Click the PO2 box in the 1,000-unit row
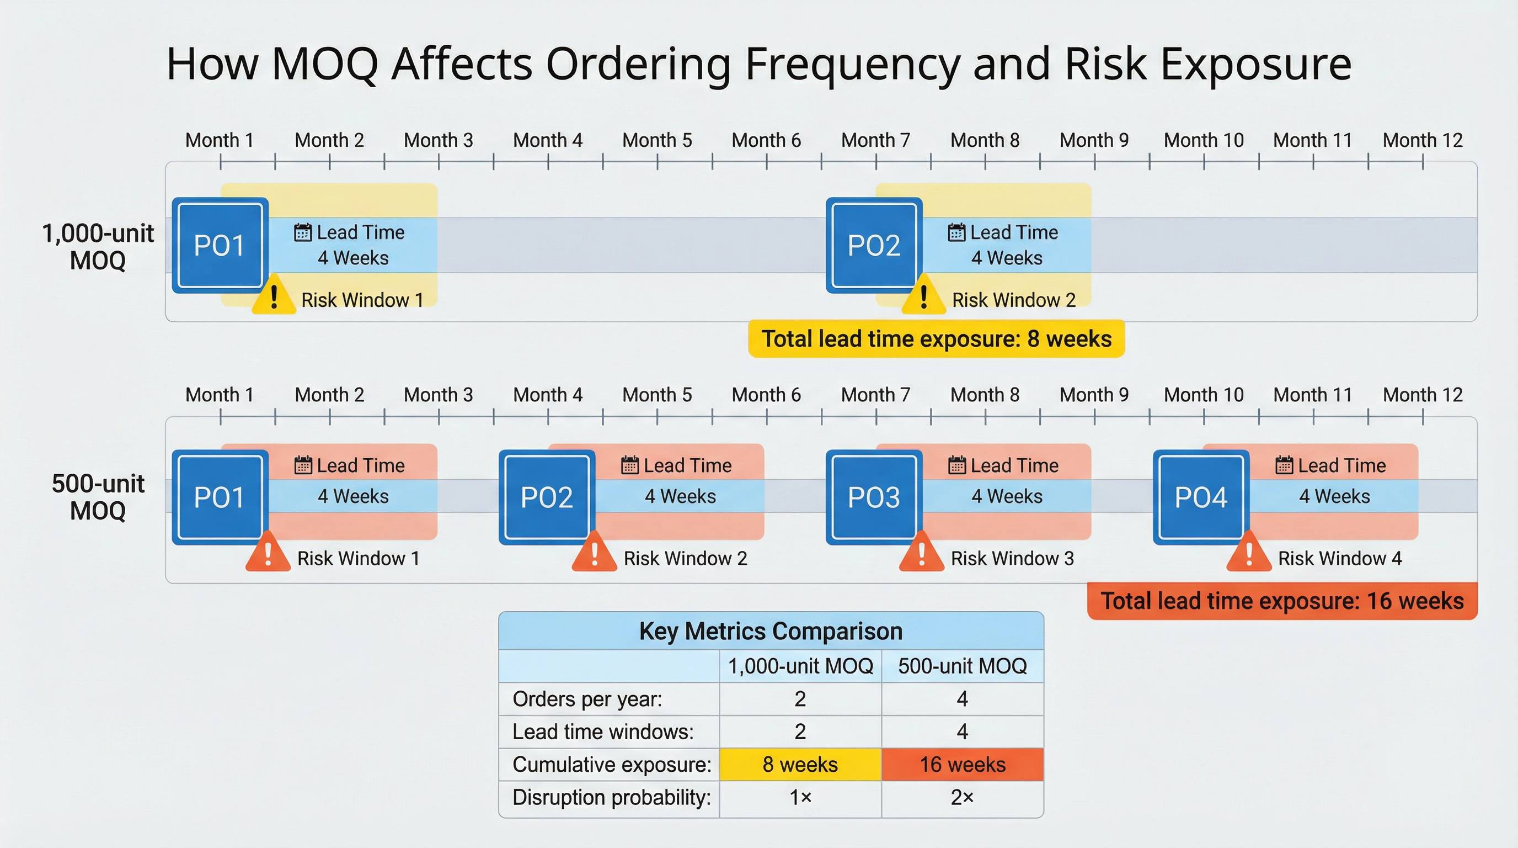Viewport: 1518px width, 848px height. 874,245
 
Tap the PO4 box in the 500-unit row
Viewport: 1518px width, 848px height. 1201,497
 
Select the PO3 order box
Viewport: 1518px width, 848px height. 874,497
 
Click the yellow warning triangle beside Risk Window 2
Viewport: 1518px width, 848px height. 923,296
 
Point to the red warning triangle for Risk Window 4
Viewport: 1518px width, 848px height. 1248,553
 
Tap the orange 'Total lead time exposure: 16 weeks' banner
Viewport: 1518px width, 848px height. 1282,601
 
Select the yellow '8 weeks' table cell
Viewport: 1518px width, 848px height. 800,764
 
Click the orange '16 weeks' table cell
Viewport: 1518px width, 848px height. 963,764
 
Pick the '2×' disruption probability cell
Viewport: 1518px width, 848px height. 963,797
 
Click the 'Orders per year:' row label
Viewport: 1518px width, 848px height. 587,699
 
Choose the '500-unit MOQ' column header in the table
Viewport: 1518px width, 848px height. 963,666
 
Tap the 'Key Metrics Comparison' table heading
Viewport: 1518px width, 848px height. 770,631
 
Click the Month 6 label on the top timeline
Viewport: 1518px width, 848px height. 766,140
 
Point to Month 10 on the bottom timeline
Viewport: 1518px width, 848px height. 1204,395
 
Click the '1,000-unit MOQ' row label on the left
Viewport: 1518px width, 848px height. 98,246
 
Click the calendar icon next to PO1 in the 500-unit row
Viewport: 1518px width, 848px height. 303,465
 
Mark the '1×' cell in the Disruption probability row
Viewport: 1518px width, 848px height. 800,797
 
